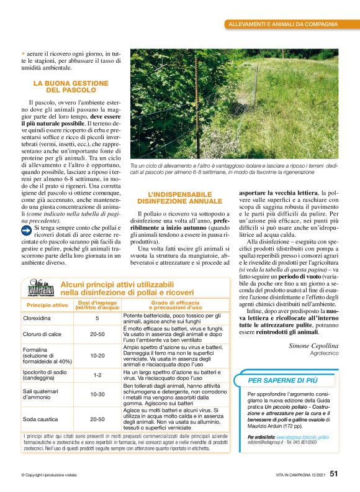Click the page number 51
(x=333, y=474)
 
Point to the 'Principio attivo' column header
(x=47, y=306)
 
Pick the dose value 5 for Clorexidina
(x=97, y=318)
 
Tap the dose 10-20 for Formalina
(x=97, y=355)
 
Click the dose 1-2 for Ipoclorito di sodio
(x=97, y=375)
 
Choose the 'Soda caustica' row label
(x=39, y=419)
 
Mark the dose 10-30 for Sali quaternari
(x=97, y=394)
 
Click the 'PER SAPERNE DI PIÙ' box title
(x=283, y=380)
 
